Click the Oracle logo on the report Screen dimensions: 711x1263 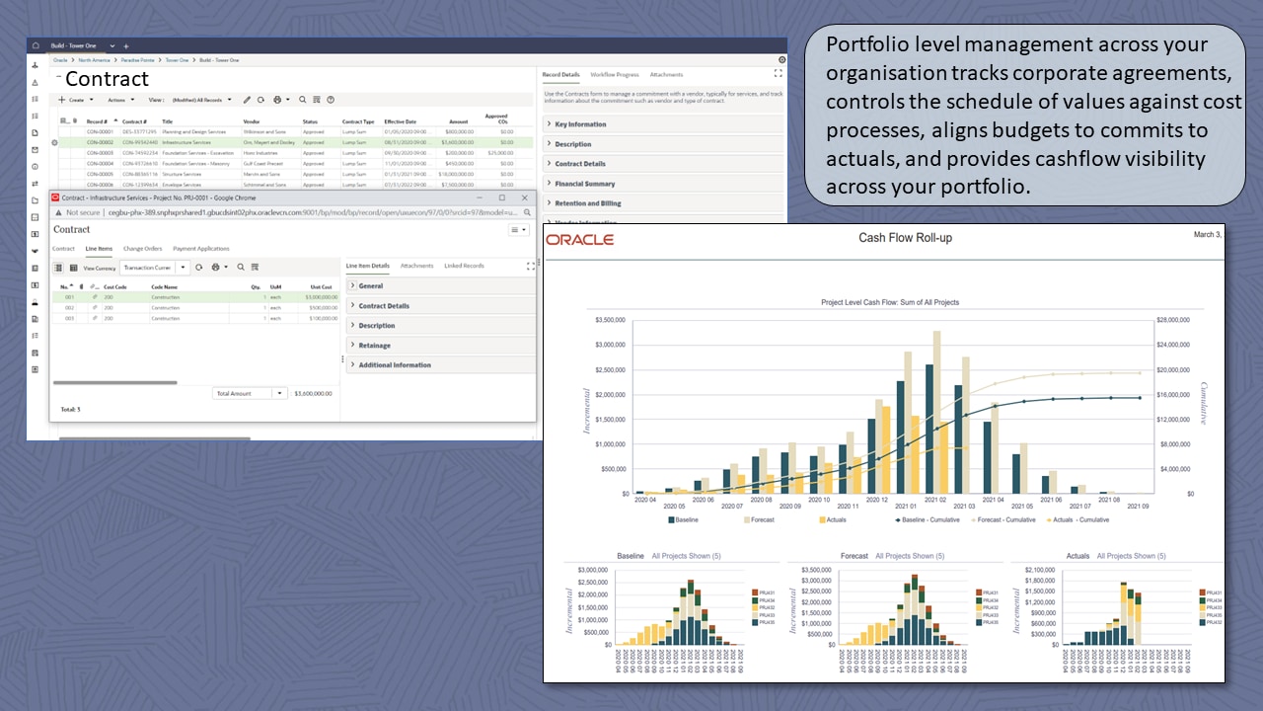click(580, 240)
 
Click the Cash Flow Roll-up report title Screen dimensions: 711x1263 click(905, 238)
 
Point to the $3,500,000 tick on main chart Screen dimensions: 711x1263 click(612, 320)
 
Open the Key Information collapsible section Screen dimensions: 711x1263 click(580, 124)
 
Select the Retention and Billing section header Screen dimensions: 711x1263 click(588, 203)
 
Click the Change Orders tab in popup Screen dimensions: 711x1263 click(142, 249)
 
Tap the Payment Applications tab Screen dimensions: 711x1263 click(201, 249)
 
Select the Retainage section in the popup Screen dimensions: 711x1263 click(374, 346)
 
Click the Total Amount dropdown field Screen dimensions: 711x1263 click(249, 393)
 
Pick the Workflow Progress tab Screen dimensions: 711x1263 click(615, 75)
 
